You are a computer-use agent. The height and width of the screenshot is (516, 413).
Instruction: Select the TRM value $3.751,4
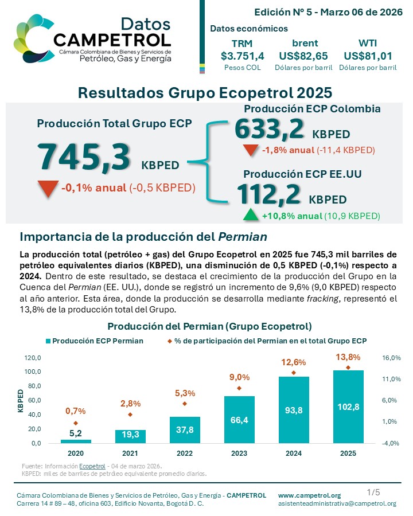point(242,56)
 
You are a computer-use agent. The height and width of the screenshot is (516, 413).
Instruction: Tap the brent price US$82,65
point(305,56)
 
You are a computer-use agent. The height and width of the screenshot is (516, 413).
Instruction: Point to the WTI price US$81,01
point(368,56)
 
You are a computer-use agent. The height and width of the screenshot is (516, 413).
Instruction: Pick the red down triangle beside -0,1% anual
point(48,188)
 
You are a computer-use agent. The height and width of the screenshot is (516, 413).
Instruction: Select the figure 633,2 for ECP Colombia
point(269,128)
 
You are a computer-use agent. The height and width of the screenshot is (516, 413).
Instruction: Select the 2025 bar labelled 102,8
point(348,406)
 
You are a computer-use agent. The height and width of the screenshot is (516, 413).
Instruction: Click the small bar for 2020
point(76,441)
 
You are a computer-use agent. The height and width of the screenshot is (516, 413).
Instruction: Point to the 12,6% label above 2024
point(293,362)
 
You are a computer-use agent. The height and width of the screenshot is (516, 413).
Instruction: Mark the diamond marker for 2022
point(184,404)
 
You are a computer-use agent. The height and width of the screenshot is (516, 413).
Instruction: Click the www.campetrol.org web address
point(309,495)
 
